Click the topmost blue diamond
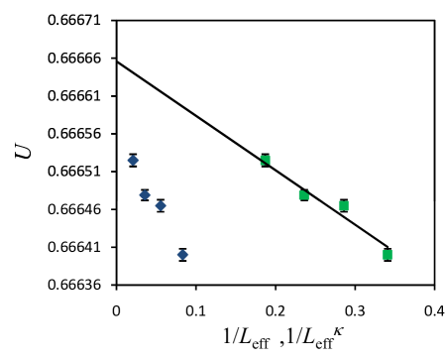133,160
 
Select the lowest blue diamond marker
182,255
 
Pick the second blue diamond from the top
145,194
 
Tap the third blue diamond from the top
161,205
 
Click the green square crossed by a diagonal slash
265,160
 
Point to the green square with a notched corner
303,195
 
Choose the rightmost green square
387,255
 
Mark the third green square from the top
343,205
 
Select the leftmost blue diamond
133,160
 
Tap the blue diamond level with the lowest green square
182,255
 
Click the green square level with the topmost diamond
265,160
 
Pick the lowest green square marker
387,255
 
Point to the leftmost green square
265,160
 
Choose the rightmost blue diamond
182,255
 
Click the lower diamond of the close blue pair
161,205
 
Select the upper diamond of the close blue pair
145,194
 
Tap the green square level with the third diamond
343,205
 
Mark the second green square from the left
303,195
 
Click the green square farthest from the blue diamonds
387,255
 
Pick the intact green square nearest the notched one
343,205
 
